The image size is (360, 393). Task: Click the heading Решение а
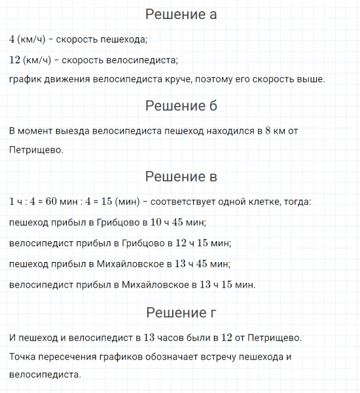[x=181, y=14]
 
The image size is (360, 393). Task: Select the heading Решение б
[x=181, y=105]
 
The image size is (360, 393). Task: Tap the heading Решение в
[x=181, y=176]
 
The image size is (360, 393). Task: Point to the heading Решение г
[x=181, y=312]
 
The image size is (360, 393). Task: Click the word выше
[x=310, y=79]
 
